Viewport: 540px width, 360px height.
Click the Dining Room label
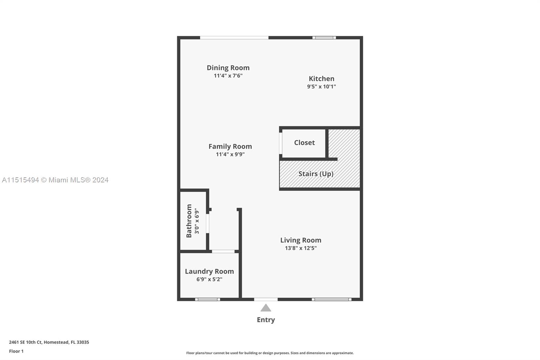point(228,68)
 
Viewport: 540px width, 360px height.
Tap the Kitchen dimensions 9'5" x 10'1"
point(321,86)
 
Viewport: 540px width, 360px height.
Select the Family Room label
point(230,147)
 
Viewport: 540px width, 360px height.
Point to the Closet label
point(304,143)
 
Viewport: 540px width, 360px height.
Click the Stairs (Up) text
point(316,174)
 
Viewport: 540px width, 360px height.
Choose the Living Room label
point(301,240)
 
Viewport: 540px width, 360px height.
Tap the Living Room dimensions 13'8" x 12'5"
point(301,248)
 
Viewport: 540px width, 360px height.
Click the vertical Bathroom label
point(189,221)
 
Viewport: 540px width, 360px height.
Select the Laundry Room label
point(209,272)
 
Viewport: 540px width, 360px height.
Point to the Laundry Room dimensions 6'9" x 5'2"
point(209,279)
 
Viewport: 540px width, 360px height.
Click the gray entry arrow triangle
point(266,308)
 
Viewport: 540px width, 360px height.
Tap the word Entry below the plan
point(266,320)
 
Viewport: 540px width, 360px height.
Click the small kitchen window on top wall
point(324,37)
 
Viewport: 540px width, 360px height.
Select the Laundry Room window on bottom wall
point(208,299)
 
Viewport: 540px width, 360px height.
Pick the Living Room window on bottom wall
point(331,299)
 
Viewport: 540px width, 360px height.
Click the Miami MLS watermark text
point(55,180)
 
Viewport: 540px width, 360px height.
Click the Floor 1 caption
point(16,351)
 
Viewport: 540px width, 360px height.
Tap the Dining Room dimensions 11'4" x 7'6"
point(228,76)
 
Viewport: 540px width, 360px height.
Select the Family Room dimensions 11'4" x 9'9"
point(230,155)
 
